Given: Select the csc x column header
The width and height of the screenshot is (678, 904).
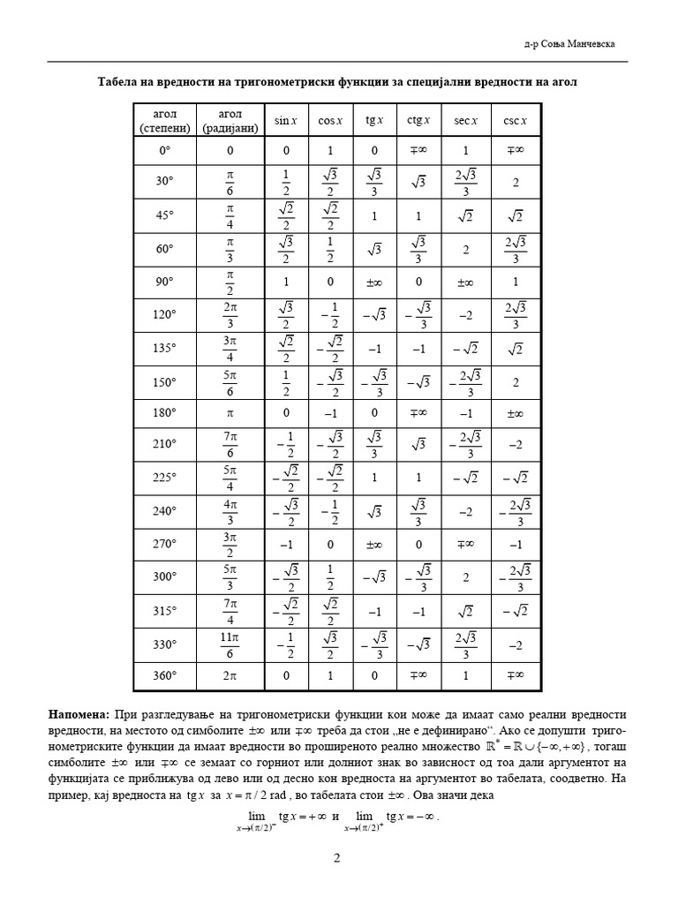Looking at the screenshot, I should [x=515, y=120].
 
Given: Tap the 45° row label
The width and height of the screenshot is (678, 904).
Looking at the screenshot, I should [x=165, y=215].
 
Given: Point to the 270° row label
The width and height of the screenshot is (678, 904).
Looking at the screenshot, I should [x=165, y=544].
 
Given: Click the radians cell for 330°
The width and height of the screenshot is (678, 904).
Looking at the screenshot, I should [x=230, y=644].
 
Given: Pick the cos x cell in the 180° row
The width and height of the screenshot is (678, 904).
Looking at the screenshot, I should [x=330, y=413].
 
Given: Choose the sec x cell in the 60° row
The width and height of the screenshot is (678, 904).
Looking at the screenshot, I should [x=465, y=249].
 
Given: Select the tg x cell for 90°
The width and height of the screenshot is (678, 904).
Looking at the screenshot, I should [x=373, y=282].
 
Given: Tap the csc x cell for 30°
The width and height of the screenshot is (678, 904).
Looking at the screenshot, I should [x=515, y=182].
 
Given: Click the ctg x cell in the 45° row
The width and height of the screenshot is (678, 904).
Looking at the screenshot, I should [x=418, y=215].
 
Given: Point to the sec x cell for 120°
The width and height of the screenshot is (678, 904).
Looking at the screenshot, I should [x=465, y=315].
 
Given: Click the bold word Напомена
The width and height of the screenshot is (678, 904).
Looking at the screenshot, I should [x=78, y=712].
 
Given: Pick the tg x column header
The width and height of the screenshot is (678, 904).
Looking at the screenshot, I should [x=373, y=120].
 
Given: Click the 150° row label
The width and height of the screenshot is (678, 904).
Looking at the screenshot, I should [x=165, y=381].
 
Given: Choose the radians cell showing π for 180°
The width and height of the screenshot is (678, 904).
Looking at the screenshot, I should [x=230, y=413].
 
